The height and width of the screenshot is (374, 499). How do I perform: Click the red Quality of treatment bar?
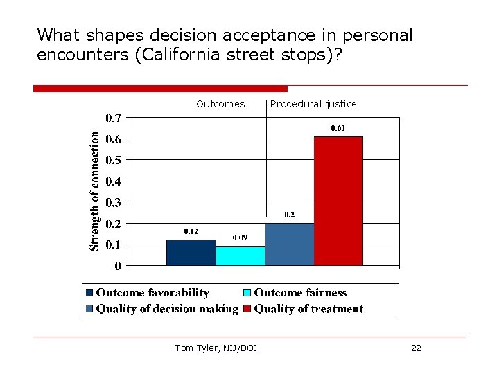click(338, 201)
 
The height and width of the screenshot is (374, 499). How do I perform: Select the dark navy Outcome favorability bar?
click(191, 253)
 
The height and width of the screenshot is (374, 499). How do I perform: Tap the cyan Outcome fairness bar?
click(240, 256)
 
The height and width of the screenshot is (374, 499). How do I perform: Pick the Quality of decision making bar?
click(289, 244)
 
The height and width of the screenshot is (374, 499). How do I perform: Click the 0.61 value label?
click(338, 128)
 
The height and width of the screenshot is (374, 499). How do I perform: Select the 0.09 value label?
click(240, 238)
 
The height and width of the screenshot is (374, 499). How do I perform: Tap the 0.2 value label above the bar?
click(289, 215)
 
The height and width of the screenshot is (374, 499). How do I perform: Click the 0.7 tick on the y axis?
click(113, 118)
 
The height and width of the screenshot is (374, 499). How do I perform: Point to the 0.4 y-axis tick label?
click(113, 181)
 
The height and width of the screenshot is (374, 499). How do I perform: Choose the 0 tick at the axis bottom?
click(119, 266)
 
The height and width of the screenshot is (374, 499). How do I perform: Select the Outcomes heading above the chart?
click(220, 104)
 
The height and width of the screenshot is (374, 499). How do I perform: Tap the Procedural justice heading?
click(313, 104)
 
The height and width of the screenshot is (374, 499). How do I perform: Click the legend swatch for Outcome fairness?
click(247, 293)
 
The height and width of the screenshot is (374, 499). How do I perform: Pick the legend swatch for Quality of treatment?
click(247, 309)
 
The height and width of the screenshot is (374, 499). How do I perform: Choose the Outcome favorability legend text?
click(152, 293)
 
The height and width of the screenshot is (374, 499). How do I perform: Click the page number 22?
click(416, 348)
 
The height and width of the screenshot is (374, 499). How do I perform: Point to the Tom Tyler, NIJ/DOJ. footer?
click(218, 348)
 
